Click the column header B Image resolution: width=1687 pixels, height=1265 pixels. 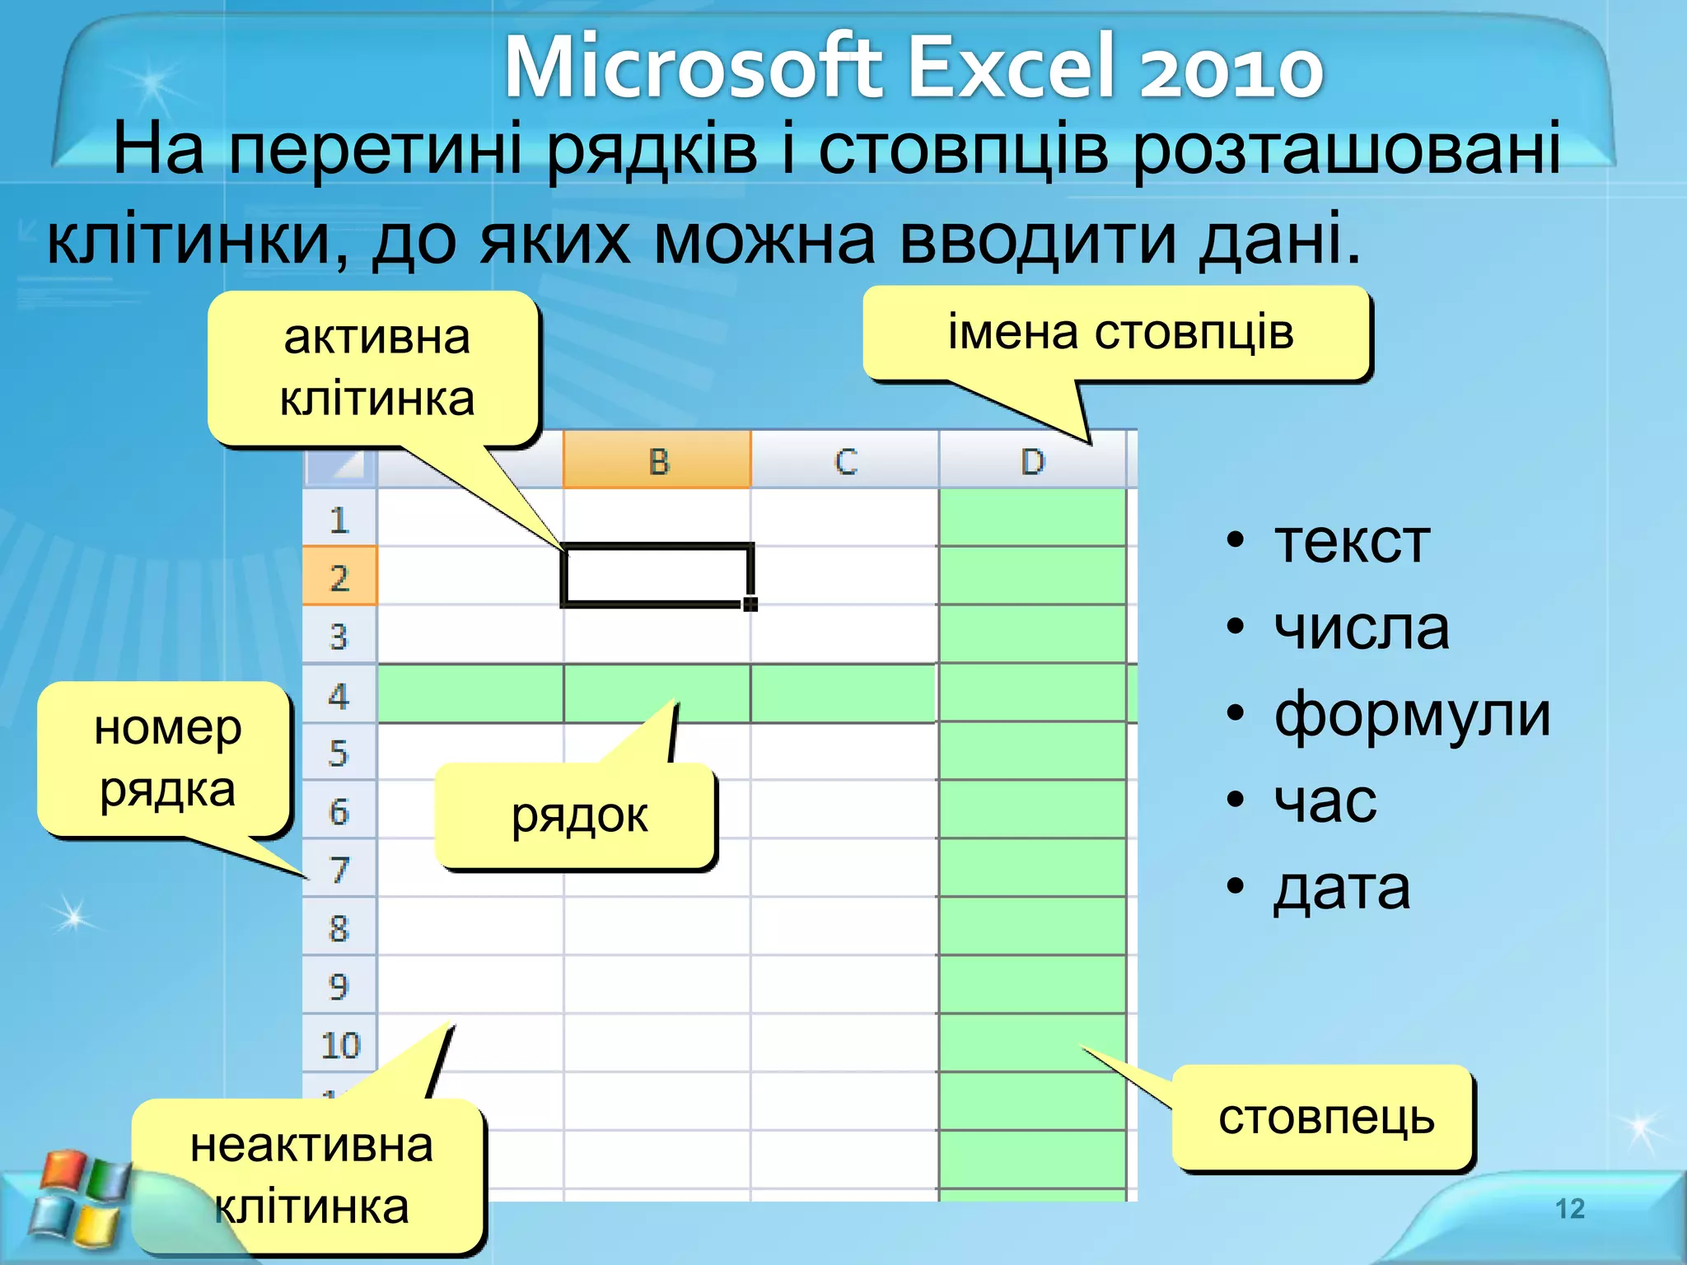tap(657, 460)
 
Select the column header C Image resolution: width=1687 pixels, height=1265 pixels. tap(845, 460)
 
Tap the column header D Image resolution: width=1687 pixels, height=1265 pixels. tap(1032, 460)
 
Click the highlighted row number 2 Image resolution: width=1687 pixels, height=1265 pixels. tap(339, 577)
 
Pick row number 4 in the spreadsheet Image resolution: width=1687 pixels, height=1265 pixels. tap(339, 695)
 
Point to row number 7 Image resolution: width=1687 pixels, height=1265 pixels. tap(339, 870)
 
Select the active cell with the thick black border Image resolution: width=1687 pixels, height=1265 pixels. tap(657, 576)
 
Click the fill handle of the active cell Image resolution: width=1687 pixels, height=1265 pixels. tap(750, 604)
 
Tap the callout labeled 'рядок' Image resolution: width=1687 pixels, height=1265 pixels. tap(578, 815)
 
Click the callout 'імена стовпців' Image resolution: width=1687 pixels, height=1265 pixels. tap(1119, 334)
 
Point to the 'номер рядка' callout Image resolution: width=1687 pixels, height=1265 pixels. tap(166, 758)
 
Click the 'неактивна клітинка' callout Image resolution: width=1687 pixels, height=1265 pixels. tap(311, 1176)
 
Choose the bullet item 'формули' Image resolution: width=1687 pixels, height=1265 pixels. tap(1411, 714)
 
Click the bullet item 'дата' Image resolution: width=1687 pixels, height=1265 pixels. tap(1341, 888)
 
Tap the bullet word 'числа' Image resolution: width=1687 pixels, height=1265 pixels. tap(1361, 628)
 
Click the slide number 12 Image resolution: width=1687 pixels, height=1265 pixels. tap(1569, 1208)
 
